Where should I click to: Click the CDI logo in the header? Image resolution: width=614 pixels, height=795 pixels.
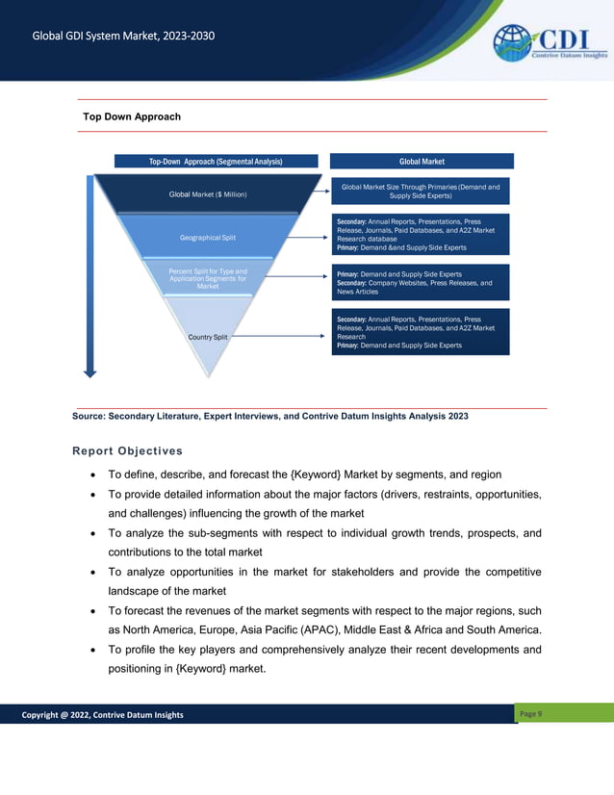(550, 43)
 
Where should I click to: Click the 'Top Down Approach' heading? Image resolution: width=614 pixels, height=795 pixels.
(132, 116)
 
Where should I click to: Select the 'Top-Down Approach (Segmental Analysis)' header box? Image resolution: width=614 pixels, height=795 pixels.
(216, 162)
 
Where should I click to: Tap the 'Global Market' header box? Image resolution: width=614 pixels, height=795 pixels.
(422, 162)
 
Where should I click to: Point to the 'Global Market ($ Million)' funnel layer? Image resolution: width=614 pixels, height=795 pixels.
(208, 194)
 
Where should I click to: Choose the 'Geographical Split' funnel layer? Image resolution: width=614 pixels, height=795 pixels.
(208, 237)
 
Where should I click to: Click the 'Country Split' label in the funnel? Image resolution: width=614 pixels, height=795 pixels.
(208, 338)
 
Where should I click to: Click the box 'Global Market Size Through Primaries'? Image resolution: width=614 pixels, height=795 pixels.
(421, 191)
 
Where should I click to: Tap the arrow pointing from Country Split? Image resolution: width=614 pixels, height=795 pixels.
(279, 337)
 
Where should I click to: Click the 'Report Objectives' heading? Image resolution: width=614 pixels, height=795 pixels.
(126, 450)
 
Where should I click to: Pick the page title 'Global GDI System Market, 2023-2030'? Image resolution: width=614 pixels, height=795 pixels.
(123, 37)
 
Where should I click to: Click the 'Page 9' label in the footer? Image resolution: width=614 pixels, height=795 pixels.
(531, 713)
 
